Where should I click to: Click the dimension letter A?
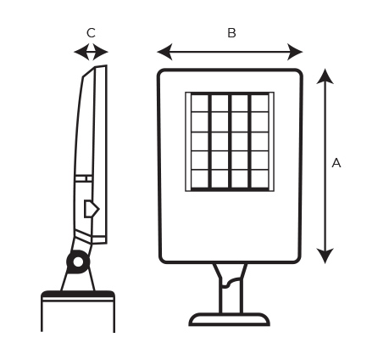tap(336, 163)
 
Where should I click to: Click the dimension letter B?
tap(231, 33)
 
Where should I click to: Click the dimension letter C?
tap(91, 33)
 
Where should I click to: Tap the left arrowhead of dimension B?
tap(164, 52)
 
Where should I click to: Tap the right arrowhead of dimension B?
tap(295, 52)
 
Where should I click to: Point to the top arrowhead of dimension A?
tap(325, 76)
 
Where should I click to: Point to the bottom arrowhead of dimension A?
tap(325, 256)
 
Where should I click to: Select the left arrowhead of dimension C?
tap(82, 52)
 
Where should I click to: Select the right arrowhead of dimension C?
tap(100, 52)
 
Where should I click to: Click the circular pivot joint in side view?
tap(78, 262)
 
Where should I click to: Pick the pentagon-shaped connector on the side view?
tap(92, 209)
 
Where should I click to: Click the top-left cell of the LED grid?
tap(200, 103)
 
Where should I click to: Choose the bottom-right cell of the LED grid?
tap(259, 178)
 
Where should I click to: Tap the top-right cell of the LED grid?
tap(259, 103)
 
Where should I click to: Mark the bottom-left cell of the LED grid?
tap(200, 178)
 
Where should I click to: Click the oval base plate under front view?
tap(229, 319)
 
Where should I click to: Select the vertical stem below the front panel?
tap(231, 288)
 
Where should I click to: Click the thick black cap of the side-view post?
tap(78, 294)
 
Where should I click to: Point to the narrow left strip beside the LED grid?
tap(188, 142)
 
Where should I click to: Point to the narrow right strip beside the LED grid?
tap(271, 142)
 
